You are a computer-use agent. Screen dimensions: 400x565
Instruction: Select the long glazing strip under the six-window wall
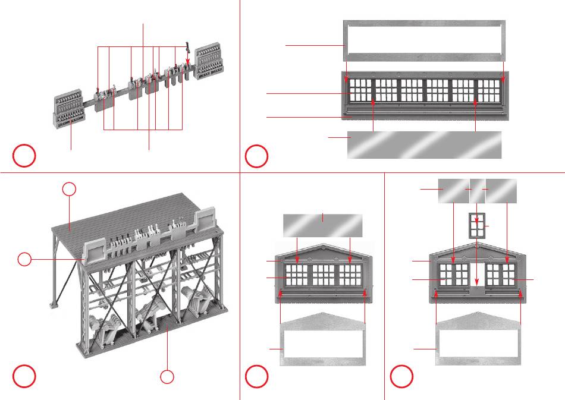424,144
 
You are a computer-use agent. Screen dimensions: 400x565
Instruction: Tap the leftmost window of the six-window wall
359,91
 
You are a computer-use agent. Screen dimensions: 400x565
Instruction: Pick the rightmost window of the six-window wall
489,91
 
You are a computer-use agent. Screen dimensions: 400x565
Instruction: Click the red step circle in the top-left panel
24,155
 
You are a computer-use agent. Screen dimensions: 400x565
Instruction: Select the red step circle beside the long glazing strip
256,155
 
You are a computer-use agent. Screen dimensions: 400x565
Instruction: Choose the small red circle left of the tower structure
24,259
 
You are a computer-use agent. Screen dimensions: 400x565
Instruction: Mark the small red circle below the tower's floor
168,376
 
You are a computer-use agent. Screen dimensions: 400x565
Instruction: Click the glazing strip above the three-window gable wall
322,225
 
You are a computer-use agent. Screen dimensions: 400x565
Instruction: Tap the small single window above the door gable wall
477,226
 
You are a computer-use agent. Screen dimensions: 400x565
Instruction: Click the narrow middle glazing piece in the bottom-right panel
478,190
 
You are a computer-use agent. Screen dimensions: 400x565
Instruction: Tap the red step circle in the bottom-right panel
401,376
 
